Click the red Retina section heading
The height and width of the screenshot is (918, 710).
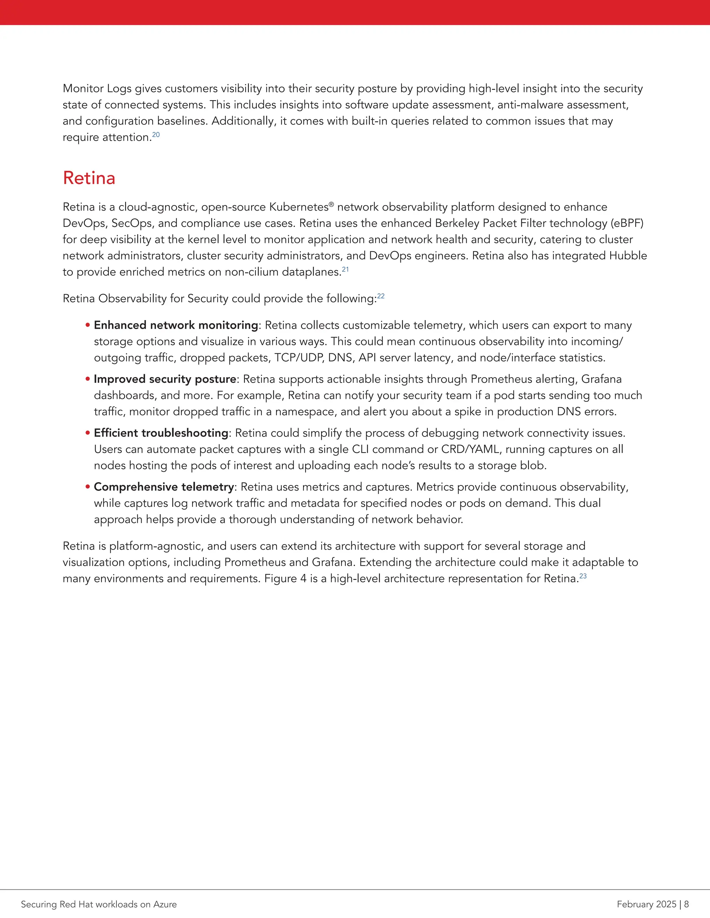[x=89, y=178]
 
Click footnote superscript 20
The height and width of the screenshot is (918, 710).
[x=156, y=135]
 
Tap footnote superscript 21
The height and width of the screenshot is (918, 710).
[x=345, y=270]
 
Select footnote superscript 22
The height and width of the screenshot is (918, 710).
[x=381, y=296]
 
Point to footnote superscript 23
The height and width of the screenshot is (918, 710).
[x=583, y=576]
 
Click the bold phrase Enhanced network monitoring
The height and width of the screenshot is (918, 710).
[x=176, y=325]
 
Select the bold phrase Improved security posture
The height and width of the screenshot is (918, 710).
[x=165, y=379]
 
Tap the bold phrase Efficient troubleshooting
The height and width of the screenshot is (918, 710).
[x=161, y=433]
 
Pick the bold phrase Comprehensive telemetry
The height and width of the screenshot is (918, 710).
[x=164, y=486]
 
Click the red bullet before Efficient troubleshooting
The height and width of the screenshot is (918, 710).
[x=88, y=433]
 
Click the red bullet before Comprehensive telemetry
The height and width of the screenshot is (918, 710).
[x=88, y=486]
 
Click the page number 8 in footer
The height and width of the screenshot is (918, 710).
[x=686, y=904]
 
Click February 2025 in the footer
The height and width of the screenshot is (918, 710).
[x=646, y=904]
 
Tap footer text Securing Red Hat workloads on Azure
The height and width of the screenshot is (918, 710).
[x=99, y=904]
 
